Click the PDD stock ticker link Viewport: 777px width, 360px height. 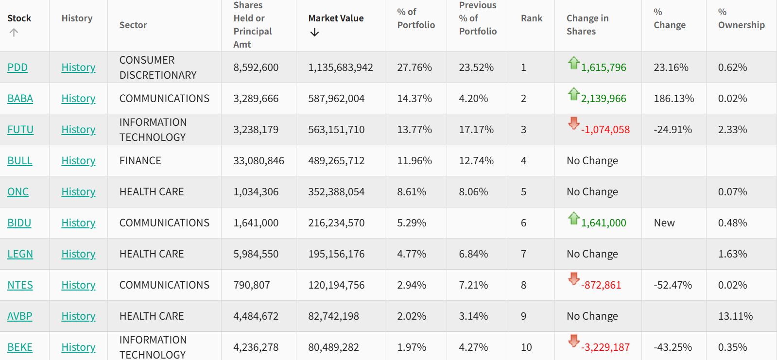(17, 68)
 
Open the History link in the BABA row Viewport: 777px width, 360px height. (78, 99)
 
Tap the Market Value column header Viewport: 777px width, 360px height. (336, 18)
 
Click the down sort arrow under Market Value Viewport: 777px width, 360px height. (314, 33)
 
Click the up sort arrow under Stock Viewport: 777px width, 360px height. (14, 33)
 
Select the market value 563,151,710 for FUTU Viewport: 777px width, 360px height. (336, 130)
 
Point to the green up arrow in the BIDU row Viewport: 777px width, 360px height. (573, 219)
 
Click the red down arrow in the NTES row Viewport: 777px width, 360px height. (573, 279)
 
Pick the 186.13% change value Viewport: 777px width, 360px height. (673, 99)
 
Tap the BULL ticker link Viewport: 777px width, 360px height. (20, 161)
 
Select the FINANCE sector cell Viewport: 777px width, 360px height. (140, 161)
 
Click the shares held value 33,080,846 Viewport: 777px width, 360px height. (259, 161)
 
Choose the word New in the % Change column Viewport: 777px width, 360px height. (664, 223)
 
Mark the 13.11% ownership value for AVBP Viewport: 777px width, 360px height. (735, 316)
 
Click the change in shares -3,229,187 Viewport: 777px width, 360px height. (605, 347)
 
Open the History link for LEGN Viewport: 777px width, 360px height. (78, 254)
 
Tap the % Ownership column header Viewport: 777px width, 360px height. (741, 18)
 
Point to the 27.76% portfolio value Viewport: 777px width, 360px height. (414, 68)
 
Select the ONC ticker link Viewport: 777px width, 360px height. (18, 192)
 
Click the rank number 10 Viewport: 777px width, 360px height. (526, 347)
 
